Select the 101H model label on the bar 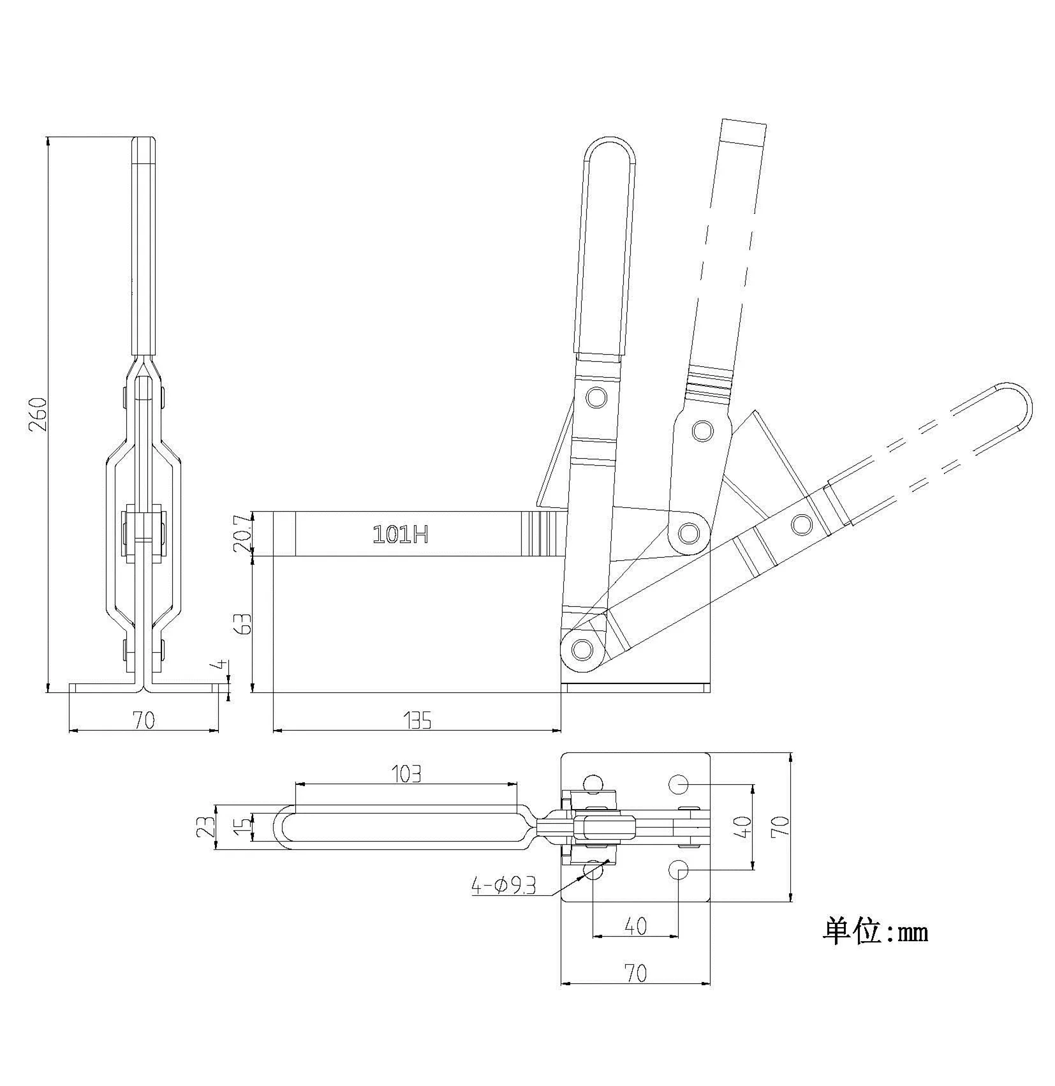400,534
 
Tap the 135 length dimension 418,720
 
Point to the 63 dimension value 243,623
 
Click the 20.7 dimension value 243,534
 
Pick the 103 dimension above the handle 407,774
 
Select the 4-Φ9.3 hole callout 503,886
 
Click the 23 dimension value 206,827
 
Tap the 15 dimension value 242,827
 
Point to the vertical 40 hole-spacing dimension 744,827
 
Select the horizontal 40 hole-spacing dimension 635,926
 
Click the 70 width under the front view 144,720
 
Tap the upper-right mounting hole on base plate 678,784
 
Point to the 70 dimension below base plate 635,973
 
